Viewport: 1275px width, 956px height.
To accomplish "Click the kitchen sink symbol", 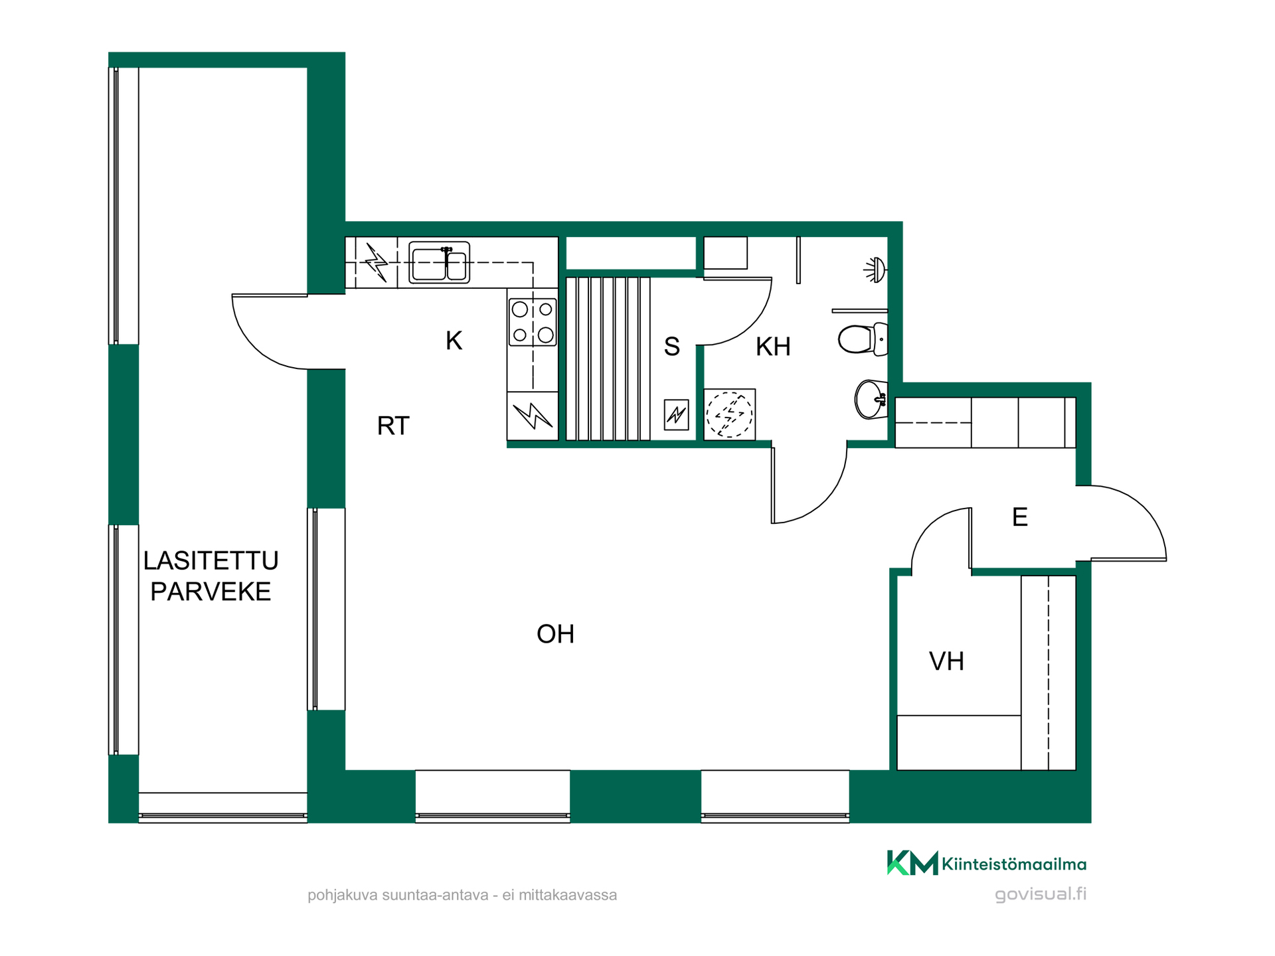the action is coord(439,262).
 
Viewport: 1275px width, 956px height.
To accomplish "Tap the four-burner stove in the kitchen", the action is coord(533,322).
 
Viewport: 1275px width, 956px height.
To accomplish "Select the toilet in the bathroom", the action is coord(863,339).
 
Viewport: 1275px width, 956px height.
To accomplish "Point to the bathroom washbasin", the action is coord(871,399).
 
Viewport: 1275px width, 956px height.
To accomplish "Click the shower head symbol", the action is coord(875,270).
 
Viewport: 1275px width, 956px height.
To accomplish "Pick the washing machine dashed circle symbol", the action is coord(729,414).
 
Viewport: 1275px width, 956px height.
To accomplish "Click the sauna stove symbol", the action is coord(676,415).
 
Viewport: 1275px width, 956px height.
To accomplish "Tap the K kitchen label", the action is coord(454,341).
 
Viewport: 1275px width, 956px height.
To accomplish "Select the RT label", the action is coord(393,426).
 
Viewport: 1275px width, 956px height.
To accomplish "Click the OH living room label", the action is coord(555,634).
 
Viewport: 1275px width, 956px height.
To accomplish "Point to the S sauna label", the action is coord(672,347).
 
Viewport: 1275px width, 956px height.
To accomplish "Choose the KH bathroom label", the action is coord(773,347).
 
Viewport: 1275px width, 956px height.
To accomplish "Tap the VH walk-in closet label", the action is coord(946,661).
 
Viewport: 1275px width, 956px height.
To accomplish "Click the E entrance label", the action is coord(1020,517).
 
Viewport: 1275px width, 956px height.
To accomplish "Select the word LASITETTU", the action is coord(211,561).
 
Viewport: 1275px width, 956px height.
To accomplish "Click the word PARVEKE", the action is coord(211,592).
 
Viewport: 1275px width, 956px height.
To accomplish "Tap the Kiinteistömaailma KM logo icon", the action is coord(912,862).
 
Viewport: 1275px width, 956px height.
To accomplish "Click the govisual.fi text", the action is coord(1041,894).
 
